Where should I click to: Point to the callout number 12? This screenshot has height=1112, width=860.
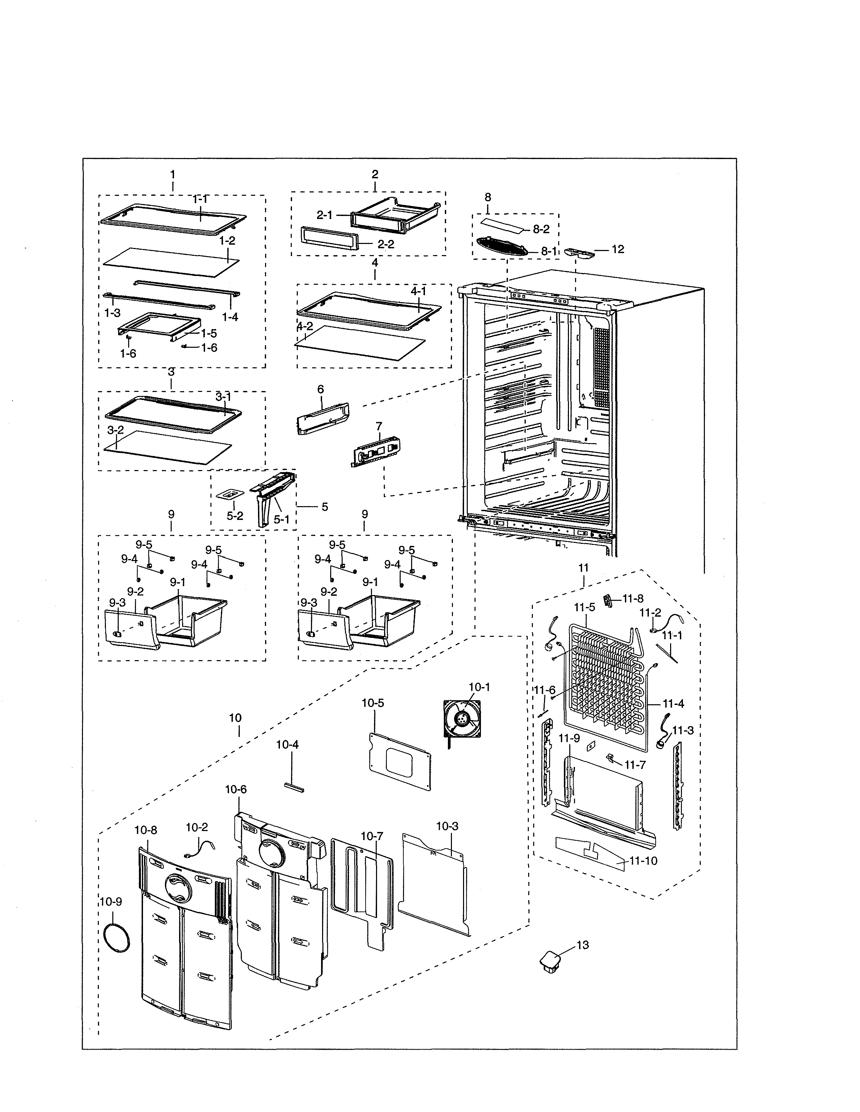coord(618,249)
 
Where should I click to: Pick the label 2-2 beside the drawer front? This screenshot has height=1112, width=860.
coord(386,244)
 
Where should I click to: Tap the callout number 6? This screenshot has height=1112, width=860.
coord(320,390)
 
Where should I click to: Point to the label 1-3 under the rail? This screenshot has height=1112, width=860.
coord(112,313)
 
